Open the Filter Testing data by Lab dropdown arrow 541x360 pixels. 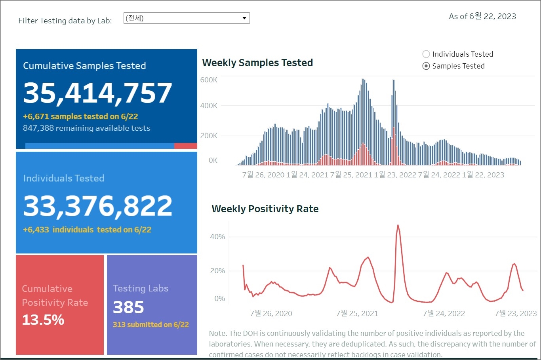tap(244, 18)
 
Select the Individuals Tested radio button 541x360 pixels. tap(426, 54)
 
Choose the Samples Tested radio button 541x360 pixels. tap(426, 66)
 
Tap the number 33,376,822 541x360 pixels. tap(97, 206)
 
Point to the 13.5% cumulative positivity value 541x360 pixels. tap(43, 320)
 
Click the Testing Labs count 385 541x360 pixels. tap(128, 307)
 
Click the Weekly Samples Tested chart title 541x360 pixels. tap(257, 63)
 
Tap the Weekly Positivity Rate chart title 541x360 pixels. tap(265, 209)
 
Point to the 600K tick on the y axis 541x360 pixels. tap(209, 80)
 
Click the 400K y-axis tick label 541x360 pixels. tap(209, 106)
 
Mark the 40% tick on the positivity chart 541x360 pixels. tap(217, 237)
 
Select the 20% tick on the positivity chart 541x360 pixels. tap(217, 271)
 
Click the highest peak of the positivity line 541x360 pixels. tap(398, 226)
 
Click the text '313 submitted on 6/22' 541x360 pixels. tap(150, 325)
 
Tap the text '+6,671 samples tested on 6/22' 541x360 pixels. tap(80, 116)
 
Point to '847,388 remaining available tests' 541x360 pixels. tap(86, 128)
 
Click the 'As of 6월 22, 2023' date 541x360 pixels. tap(482, 16)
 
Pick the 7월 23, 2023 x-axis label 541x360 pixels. tap(516, 314)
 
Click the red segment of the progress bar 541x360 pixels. tap(185, 146)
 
